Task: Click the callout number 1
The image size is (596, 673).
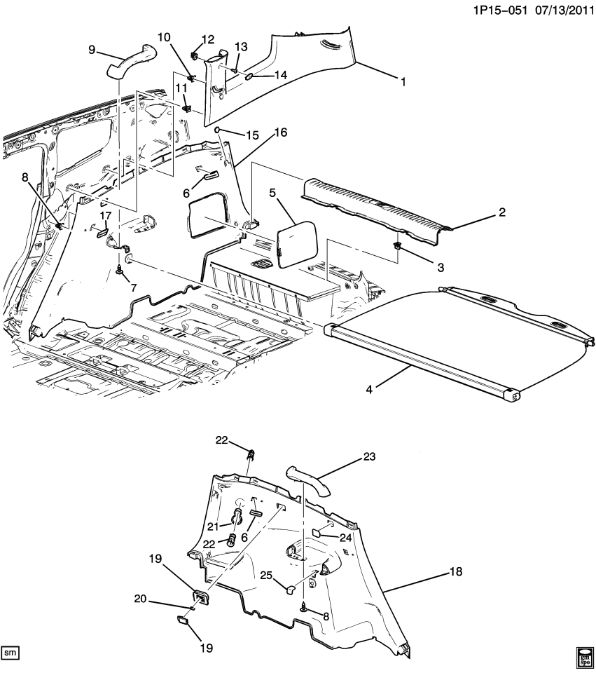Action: click(x=403, y=82)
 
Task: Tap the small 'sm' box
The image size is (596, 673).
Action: click(x=10, y=653)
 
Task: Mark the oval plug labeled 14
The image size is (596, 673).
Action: click(x=249, y=74)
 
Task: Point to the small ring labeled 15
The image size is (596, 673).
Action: click(x=219, y=130)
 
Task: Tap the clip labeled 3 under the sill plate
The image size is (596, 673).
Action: click(x=397, y=247)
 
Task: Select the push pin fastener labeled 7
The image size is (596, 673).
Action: click(x=123, y=269)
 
